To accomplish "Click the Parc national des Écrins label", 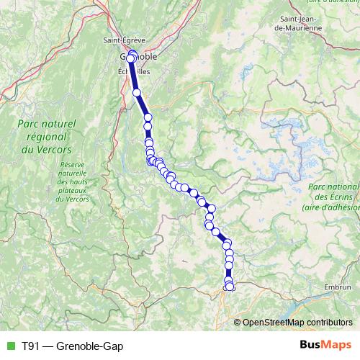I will [333, 197].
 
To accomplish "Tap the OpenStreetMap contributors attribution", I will [297, 322].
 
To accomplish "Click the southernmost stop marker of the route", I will [229, 287].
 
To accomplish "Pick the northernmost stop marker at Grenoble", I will [131, 53].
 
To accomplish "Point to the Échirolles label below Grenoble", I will [134, 72].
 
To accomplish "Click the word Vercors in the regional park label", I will [48, 150].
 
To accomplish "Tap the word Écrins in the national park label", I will [341, 197].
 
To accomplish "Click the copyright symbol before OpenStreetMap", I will [238, 322].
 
